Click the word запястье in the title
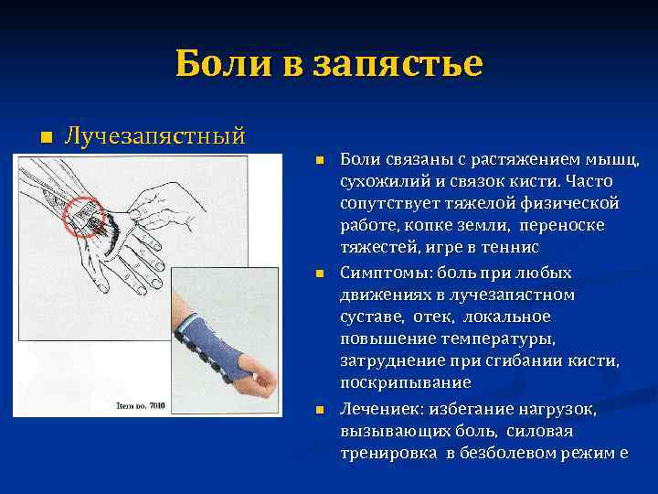pyautogui.click(x=398, y=64)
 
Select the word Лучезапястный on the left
pyautogui.click(x=154, y=136)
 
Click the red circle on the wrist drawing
pyautogui.click(x=92, y=217)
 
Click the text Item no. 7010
pyautogui.click(x=144, y=404)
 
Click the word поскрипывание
pyautogui.click(x=393, y=382)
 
